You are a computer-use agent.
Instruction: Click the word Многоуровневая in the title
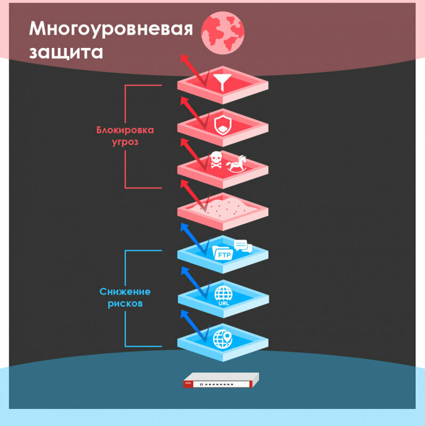pyautogui.click(x=111, y=29)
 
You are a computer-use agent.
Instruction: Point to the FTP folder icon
pyautogui.click(x=222, y=252)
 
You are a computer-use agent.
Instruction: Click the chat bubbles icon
pyautogui.click(x=243, y=246)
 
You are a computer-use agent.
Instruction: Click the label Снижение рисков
pyautogui.click(x=125, y=298)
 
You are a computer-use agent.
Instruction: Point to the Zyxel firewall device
pyautogui.click(x=220, y=380)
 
